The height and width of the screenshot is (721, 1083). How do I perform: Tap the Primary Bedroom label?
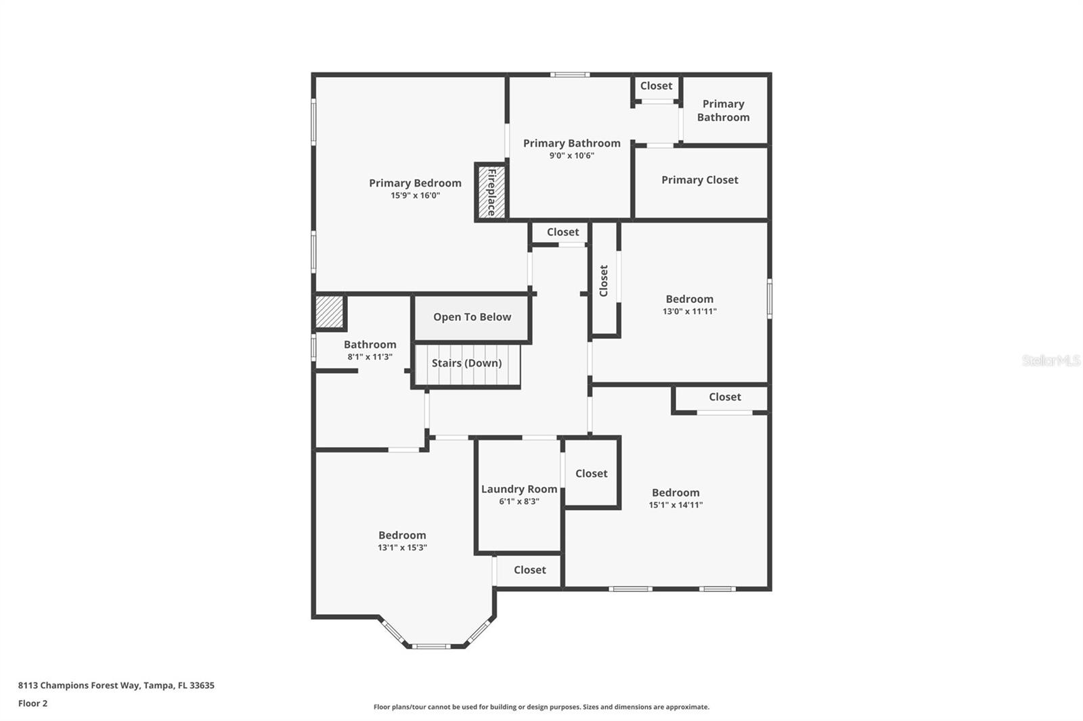pyautogui.click(x=415, y=183)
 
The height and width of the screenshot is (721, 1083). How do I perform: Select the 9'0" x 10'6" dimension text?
pyautogui.click(x=571, y=156)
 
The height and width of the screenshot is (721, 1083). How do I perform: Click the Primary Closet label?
pyautogui.click(x=699, y=180)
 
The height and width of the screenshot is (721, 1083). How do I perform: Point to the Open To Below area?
pyautogui.click(x=472, y=317)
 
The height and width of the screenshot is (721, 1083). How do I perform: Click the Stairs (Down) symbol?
pyautogui.click(x=466, y=364)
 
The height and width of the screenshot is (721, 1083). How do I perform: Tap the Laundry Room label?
pyautogui.click(x=519, y=489)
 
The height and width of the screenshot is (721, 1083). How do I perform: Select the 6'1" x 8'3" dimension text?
pyautogui.click(x=519, y=502)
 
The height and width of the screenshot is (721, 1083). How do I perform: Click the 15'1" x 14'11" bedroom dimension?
pyautogui.click(x=676, y=505)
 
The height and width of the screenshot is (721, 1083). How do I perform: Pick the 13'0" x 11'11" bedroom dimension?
pyautogui.click(x=689, y=312)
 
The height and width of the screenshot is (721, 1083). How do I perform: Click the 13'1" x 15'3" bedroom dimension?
pyautogui.click(x=402, y=548)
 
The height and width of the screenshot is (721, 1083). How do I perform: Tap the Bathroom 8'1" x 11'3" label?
pyautogui.click(x=370, y=345)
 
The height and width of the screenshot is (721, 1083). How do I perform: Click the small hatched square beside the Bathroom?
pyautogui.click(x=330, y=312)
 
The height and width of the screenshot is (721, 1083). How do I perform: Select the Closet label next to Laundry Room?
pyautogui.click(x=591, y=473)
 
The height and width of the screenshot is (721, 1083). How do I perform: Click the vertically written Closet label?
pyautogui.click(x=604, y=280)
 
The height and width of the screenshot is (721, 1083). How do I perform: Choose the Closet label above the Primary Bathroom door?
pyautogui.click(x=656, y=86)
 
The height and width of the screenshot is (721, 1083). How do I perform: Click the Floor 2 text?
pyautogui.click(x=32, y=703)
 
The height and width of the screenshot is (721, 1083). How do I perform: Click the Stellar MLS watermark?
pyautogui.click(x=1051, y=360)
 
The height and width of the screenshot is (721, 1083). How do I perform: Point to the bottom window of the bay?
pyautogui.click(x=431, y=647)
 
